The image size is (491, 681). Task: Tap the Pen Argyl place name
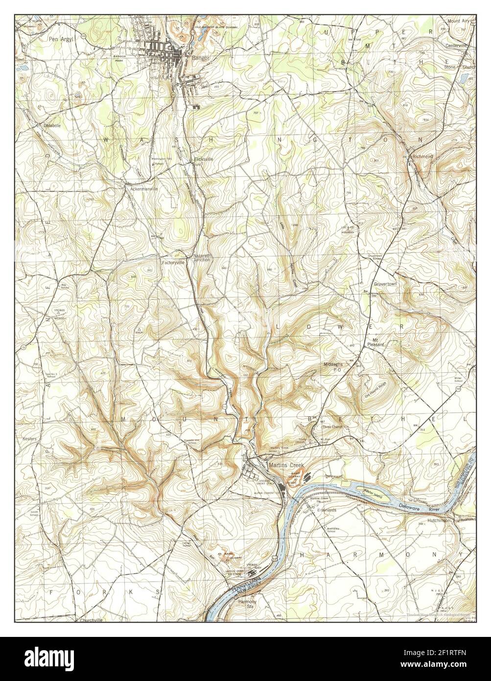pyautogui.click(x=60, y=38)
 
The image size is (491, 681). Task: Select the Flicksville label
pyautogui.click(x=203, y=159)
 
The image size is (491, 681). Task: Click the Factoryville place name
pyautogui.click(x=173, y=263)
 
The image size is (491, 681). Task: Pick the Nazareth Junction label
pyautogui.click(x=201, y=258)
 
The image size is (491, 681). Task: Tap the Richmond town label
pyautogui.click(x=422, y=156)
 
